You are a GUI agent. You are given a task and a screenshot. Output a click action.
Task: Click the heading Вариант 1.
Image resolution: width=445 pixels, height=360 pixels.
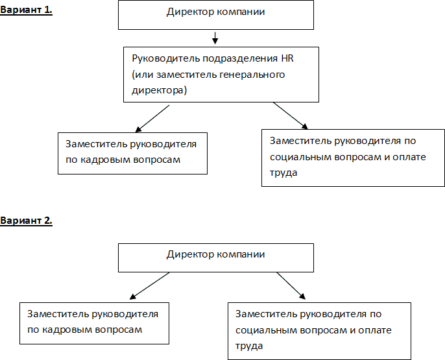pyautogui.click(x=26, y=10)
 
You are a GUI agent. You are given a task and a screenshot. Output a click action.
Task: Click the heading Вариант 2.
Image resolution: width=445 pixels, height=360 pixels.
pyautogui.click(x=26, y=221)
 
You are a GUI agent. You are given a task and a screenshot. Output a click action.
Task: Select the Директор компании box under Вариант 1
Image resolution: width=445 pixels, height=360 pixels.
pyautogui.click(x=216, y=15)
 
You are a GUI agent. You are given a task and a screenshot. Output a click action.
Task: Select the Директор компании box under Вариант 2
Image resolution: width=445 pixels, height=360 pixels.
pyautogui.click(x=216, y=258)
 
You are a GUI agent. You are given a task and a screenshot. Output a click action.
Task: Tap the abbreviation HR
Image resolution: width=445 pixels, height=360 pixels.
pyautogui.click(x=287, y=58)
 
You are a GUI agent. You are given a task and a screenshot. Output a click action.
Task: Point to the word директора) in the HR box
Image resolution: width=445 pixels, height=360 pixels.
pyautogui.click(x=159, y=91)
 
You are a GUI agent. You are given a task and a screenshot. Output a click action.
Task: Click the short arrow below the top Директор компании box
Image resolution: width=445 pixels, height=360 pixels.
pyautogui.click(x=215, y=38)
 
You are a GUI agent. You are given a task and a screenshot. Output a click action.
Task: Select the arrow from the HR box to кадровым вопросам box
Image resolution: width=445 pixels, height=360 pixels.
pyautogui.click(x=152, y=119)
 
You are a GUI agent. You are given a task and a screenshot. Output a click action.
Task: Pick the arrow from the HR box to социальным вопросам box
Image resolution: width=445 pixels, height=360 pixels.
pyautogui.click(x=291, y=115)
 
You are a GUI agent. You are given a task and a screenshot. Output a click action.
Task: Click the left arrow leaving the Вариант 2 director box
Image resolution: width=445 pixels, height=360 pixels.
pyautogui.click(x=150, y=286)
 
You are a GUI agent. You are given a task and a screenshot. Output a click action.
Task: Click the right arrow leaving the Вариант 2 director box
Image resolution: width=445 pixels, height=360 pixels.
pyautogui.click(x=291, y=286)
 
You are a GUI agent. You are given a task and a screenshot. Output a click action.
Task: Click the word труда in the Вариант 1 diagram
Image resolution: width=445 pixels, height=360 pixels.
pyautogui.click(x=283, y=173)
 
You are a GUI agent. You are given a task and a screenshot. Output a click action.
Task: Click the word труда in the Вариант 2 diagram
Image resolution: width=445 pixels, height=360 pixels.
pyautogui.click(x=249, y=346)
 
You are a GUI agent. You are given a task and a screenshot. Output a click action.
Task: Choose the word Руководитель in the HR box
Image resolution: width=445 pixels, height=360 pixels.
pyautogui.click(x=166, y=59)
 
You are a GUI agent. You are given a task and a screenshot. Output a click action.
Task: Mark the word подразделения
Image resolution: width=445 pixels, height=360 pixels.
pyautogui.click(x=240, y=59)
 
